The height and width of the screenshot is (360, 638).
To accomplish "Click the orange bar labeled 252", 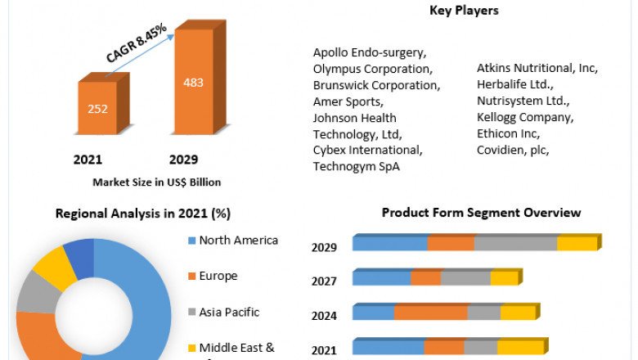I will tap(98, 108).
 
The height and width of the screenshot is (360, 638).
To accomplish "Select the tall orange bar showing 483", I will tap(195, 83).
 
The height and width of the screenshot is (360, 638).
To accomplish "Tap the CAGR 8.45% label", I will tap(137, 43).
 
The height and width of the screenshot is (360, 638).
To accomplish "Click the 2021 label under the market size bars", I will tap(88, 159).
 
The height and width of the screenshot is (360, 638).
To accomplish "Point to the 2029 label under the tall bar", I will tap(183, 159).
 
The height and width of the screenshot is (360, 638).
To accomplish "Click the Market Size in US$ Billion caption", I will tap(156, 182).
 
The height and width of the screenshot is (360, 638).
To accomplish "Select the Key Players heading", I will tap(464, 11).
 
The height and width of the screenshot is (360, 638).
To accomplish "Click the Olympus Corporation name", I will tap(372, 69).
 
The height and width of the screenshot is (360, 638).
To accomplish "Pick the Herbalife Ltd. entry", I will tap(515, 84).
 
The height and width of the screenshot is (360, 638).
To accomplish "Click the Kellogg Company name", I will tap(524, 117).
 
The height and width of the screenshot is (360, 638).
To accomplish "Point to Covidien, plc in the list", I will tap(513, 150).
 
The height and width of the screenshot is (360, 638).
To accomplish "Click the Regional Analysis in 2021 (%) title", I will tap(142, 214).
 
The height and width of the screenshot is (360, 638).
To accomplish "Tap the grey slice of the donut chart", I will tap(34, 292).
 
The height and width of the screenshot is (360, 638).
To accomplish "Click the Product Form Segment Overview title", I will tap(481, 213).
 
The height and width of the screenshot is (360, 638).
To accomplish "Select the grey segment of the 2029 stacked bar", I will tap(515, 244).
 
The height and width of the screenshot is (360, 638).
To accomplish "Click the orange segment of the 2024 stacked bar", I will tap(430, 313).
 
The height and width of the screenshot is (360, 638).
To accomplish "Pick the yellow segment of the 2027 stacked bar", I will tap(504, 278).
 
